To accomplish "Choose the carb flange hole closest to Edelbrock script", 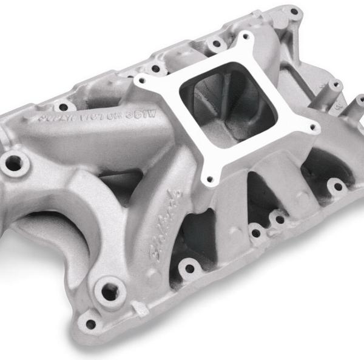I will (209, 179).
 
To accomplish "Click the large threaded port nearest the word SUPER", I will (12, 162).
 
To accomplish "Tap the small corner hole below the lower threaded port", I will (92, 324).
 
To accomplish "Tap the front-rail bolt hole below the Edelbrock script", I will (190, 267).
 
